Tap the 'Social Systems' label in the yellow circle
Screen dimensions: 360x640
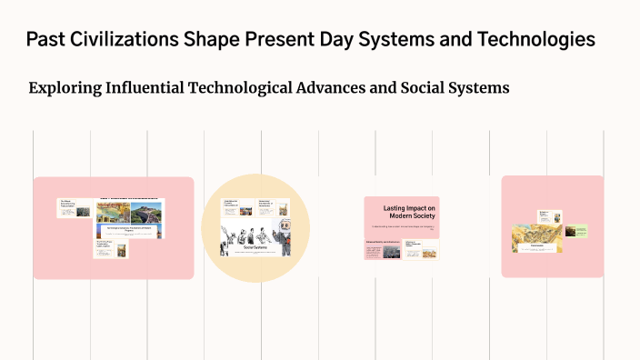point(255,245)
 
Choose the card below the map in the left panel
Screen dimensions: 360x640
point(111,247)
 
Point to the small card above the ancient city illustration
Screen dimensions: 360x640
point(550,216)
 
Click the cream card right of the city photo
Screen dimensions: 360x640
point(421,248)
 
